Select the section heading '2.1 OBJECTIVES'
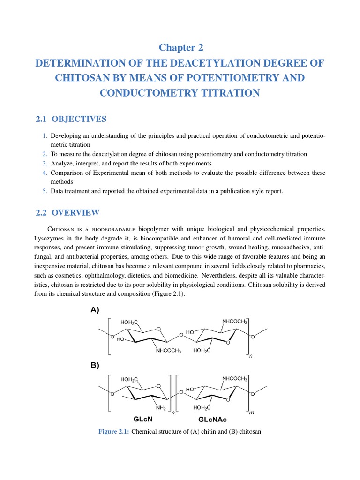71,119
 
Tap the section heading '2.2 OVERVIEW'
67,212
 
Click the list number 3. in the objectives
45,163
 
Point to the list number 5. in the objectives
45,191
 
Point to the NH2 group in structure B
161,408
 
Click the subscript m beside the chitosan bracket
251,412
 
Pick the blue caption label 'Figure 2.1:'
113,431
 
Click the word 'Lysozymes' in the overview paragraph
51,238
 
